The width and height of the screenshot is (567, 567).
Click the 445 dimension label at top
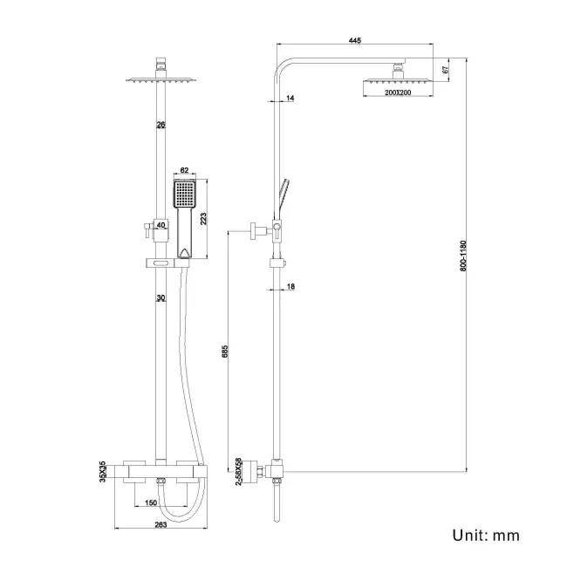tap(354, 39)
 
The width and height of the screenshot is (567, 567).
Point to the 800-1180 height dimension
tap(463, 255)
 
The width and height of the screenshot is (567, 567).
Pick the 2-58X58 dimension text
tap(238, 471)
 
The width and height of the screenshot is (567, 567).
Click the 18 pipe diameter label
tap(290, 286)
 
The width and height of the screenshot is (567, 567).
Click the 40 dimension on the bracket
tap(161, 225)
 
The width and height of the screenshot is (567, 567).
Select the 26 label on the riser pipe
tap(161, 126)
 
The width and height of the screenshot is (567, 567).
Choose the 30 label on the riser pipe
tap(161, 298)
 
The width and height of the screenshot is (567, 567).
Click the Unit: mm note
tap(484, 535)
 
